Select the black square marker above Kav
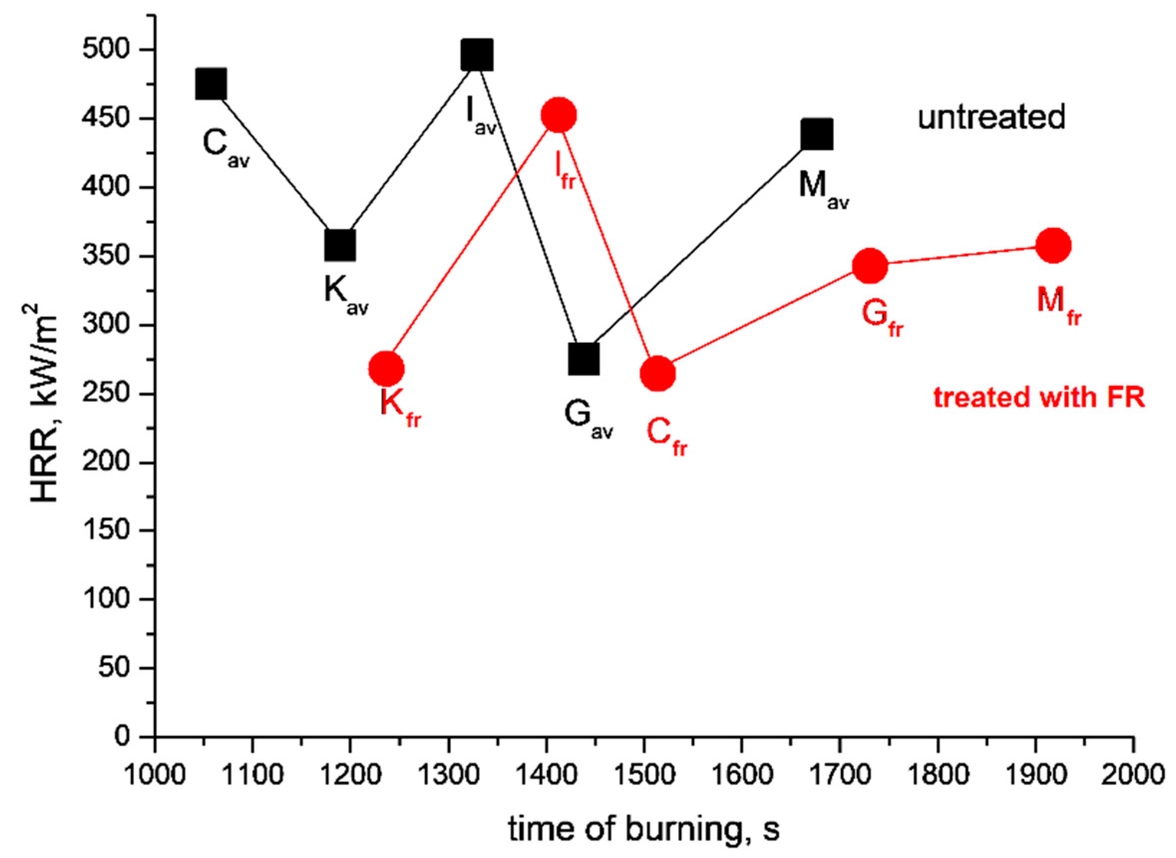click(340, 244)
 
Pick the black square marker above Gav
click(584, 359)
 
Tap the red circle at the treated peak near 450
click(558, 115)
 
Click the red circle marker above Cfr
click(658, 374)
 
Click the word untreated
click(991, 117)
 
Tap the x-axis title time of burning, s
click(644, 830)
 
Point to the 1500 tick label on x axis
click(644, 775)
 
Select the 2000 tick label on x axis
click(1131, 775)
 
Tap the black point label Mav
click(823, 188)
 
